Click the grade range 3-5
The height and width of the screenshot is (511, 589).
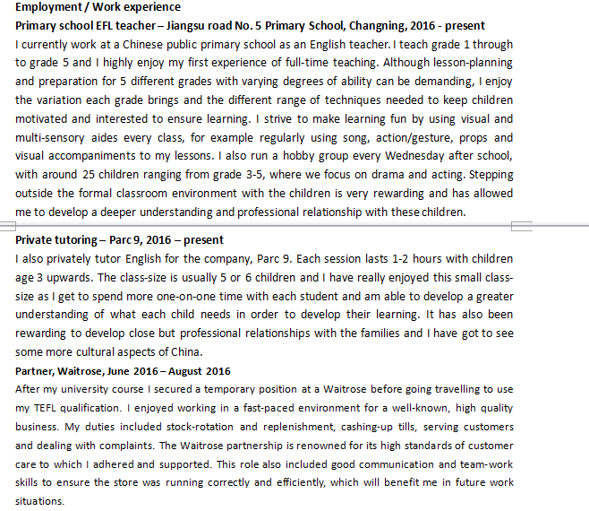click(260, 175)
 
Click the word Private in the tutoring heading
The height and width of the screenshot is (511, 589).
click(36, 240)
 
